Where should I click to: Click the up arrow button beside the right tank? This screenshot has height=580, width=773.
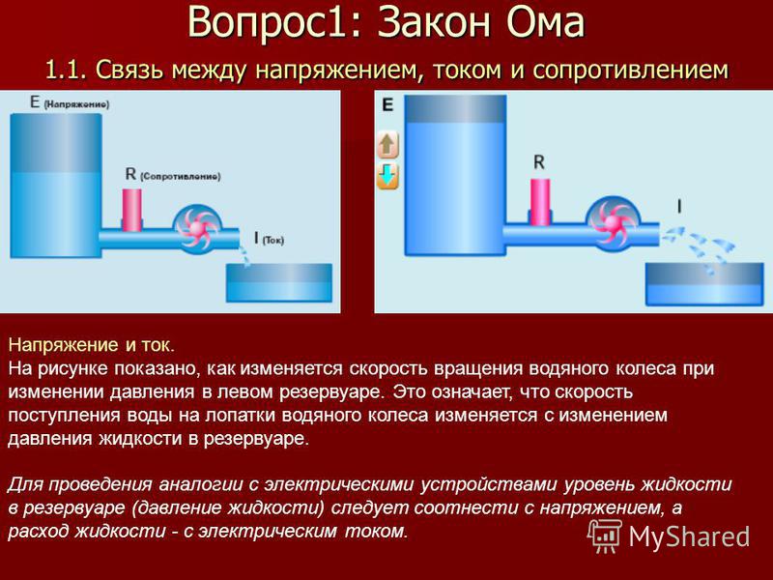(387, 145)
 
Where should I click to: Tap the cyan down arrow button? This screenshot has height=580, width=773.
(387, 176)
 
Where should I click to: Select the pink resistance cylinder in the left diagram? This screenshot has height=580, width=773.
(131, 210)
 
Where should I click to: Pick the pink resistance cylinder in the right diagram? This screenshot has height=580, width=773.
(540, 202)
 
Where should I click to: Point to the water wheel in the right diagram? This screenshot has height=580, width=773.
(613, 224)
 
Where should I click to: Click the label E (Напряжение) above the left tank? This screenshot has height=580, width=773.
(70, 102)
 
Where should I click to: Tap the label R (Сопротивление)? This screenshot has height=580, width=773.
(173, 174)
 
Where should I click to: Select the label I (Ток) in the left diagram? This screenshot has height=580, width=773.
(269, 239)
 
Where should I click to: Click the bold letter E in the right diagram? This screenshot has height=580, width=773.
(388, 104)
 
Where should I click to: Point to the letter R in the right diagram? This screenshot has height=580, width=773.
(539, 161)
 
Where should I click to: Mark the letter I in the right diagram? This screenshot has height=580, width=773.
(679, 206)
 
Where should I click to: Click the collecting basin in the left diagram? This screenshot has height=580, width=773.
(279, 282)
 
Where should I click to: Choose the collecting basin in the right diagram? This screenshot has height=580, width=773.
(704, 284)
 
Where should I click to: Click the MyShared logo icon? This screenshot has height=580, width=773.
(605, 536)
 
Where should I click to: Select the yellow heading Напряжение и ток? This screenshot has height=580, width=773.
(92, 345)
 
